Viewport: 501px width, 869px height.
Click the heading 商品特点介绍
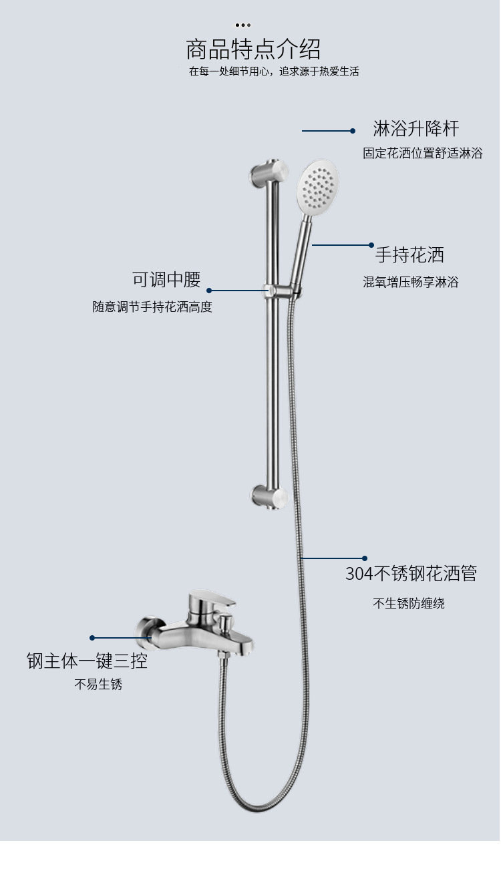pyautogui.click(x=253, y=49)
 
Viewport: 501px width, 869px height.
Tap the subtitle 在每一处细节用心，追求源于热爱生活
pyautogui.click(x=274, y=71)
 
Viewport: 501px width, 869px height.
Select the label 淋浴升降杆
pyautogui.click(x=415, y=128)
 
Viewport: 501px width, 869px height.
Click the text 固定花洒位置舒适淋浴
pyautogui.click(x=423, y=153)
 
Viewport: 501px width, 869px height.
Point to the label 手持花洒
pyautogui.click(x=409, y=255)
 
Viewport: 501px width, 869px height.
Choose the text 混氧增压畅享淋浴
pyautogui.click(x=411, y=282)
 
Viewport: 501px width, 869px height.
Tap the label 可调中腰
pyautogui.click(x=166, y=279)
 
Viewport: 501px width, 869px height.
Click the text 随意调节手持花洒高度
pyautogui.click(x=152, y=307)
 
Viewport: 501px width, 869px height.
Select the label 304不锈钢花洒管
pyautogui.click(x=411, y=573)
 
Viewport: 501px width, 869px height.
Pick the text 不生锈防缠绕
pyautogui.click(x=409, y=603)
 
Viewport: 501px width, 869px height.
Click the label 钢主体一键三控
pyautogui.click(x=87, y=661)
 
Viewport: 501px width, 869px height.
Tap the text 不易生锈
pyautogui.click(x=98, y=684)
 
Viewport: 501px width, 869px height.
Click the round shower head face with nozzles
pyautogui.click(x=318, y=188)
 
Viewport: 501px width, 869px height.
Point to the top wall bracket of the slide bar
pyautogui.click(x=269, y=172)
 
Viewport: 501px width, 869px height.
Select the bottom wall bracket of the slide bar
pyautogui.click(x=269, y=497)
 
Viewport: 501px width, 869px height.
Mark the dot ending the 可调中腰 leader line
pyautogui.click(x=209, y=291)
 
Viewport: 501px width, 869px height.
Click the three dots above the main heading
pyautogui.click(x=243, y=25)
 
